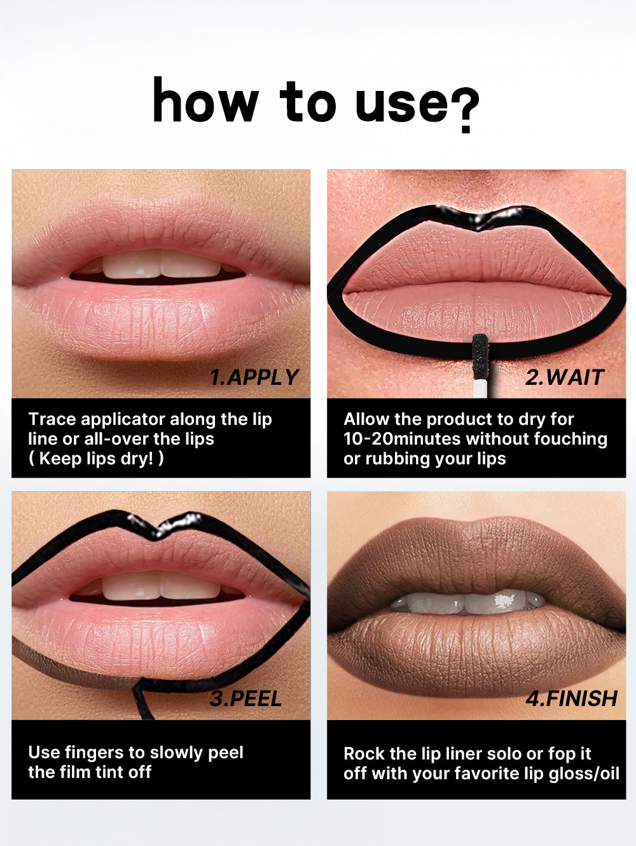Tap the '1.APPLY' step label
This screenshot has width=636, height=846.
(x=254, y=377)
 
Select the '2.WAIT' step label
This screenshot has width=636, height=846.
(x=565, y=377)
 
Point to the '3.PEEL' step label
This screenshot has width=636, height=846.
(x=245, y=699)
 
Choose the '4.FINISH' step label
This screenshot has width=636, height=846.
(x=572, y=699)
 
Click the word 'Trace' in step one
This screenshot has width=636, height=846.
(x=52, y=419)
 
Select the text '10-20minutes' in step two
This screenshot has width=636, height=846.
(x=402, y=439)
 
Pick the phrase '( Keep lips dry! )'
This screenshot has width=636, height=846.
(x=96, y=459)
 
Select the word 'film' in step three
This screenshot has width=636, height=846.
(x=75, y=772)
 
